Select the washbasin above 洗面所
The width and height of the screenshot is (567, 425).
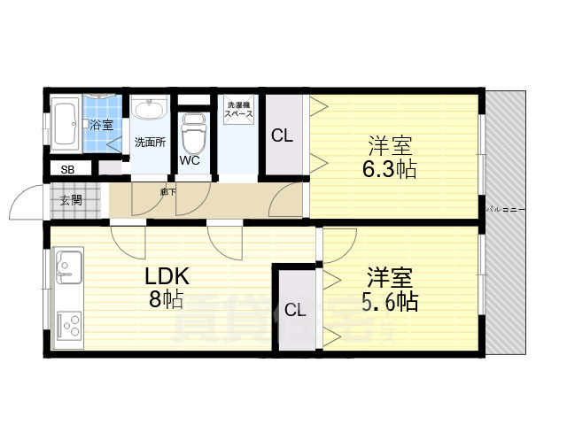151,111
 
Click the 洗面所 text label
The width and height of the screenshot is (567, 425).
149,142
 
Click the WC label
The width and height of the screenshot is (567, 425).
190,161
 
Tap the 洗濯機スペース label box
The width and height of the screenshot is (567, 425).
237,112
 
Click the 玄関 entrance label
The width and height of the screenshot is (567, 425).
70,200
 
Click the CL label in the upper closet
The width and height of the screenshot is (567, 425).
282,136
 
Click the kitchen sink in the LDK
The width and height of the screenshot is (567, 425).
68,264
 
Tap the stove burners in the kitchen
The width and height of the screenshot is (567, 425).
68,325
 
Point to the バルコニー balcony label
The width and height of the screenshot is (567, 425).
507,210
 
